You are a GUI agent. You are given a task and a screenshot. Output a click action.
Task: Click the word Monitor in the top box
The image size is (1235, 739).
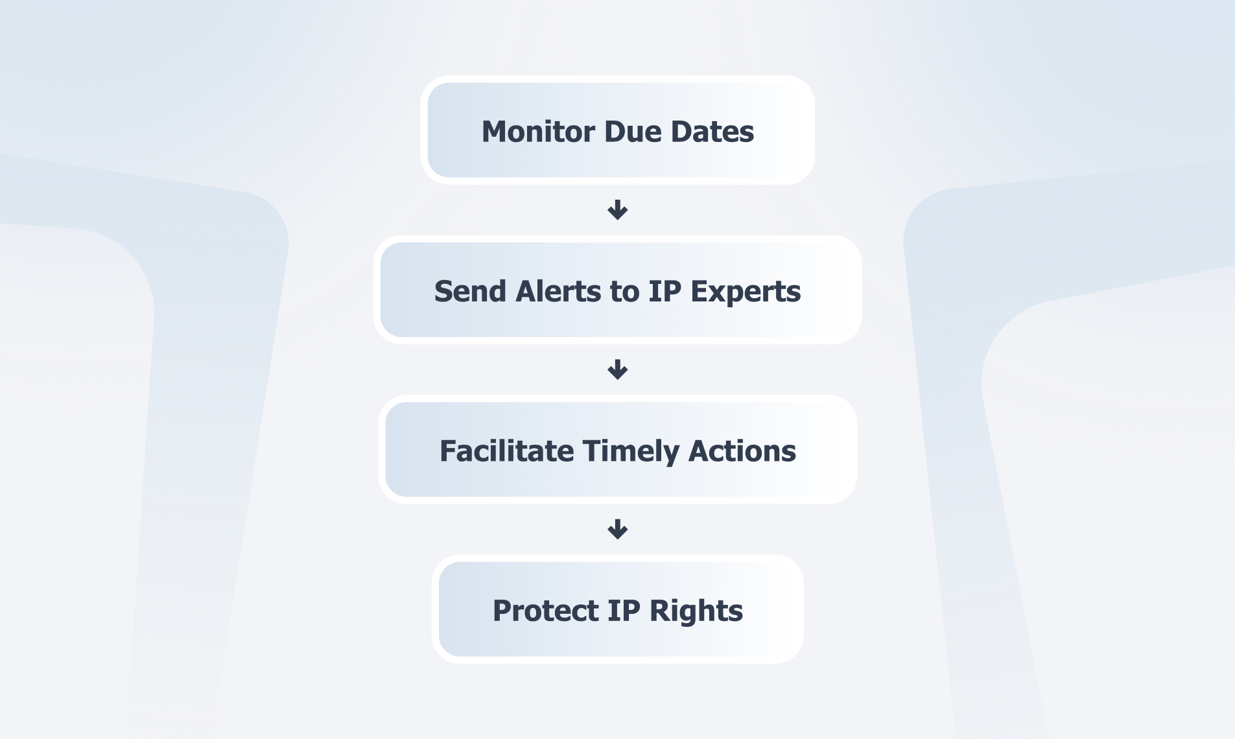pyautogui.click(x=538, y=132)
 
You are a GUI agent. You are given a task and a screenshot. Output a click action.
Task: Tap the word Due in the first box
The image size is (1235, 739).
pyautogui.click(x=633, y=132)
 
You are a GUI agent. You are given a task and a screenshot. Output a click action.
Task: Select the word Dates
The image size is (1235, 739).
pyautogui.click(x=712, y=132)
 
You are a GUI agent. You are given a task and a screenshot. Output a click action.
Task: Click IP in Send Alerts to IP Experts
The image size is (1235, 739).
pyautogui.click(x=665, y=291)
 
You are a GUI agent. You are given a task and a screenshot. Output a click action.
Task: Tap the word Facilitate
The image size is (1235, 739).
pyautogui.click(x=506, y=451)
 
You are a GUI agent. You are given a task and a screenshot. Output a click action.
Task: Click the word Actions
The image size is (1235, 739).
pyautogui.click(x=742, y=451)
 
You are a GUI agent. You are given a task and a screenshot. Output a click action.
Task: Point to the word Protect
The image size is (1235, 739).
pyautogui.click(x=545, y=611)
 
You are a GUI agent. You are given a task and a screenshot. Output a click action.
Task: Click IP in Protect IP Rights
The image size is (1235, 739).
pyautogui.click(x=624, y=611)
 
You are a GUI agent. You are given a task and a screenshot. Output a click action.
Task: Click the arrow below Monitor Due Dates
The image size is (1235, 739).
pyautogui.click(x=618, y=210)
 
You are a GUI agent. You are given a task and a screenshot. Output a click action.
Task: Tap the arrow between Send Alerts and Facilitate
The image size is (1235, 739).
pyautogui.click(x=618, y=369)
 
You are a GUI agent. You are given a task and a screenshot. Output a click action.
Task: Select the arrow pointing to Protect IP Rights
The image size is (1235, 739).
pyautogui.click(x=618, y=530)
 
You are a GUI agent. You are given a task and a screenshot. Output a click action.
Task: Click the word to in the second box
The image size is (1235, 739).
pyautogui.click(x=624, y=292)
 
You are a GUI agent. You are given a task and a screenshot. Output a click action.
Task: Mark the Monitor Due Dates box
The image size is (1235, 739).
pyautogui.click(x=618, y=130)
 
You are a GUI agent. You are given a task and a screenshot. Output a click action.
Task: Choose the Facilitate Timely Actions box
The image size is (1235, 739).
pyautogui.click(x=618, y=449)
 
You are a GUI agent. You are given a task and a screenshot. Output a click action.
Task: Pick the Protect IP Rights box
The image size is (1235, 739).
pyautogui.click(x=618, y=609)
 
